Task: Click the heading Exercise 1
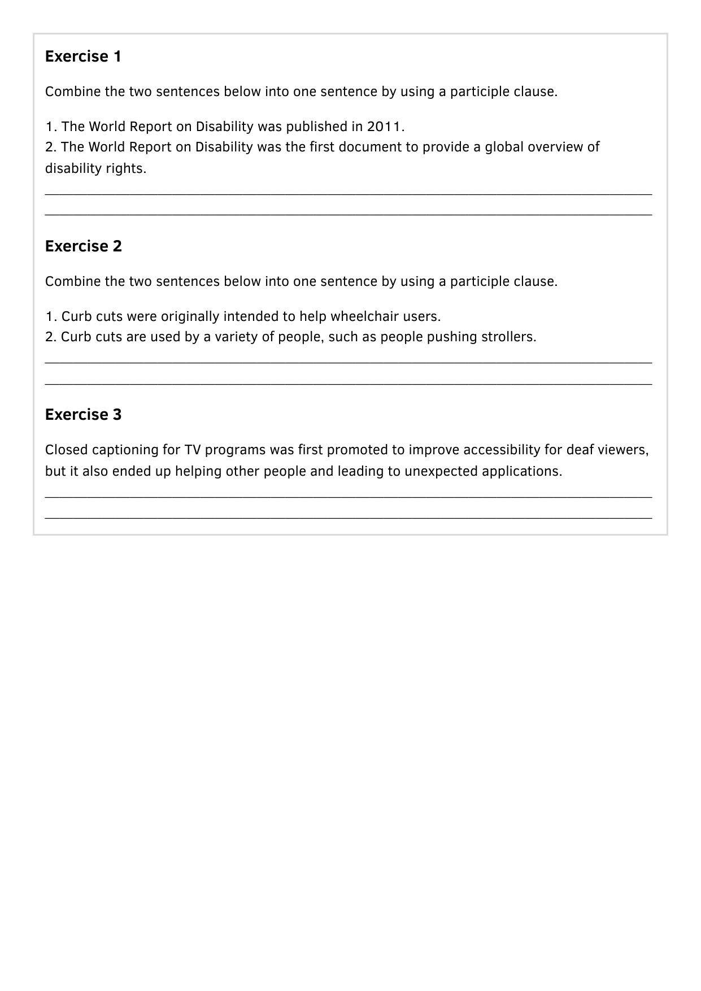point(83,56)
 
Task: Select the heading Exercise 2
point(83,246)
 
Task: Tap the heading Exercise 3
point(83,415)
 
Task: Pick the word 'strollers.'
point(508,337)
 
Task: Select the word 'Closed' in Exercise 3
point(66,450)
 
